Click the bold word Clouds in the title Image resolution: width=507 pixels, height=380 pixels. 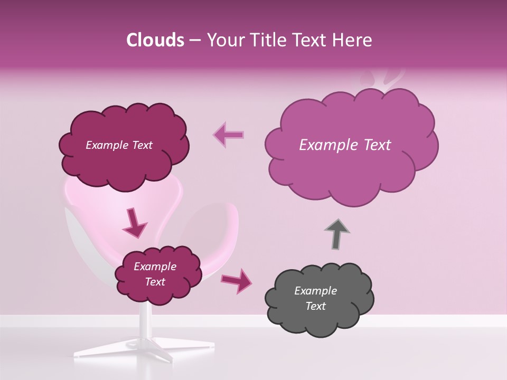pos(155,40)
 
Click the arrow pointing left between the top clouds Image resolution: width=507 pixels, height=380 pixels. pos(228,135)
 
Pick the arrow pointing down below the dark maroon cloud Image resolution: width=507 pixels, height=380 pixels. pos(135,223)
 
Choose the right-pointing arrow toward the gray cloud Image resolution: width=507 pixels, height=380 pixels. pos(237,280)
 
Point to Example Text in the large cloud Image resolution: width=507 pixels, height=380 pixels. pos(345,145)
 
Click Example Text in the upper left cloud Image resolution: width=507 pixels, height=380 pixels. pos(119,145)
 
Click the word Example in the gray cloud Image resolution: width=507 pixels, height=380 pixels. pos(315,291)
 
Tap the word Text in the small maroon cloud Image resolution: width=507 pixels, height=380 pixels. pos(155,282)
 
